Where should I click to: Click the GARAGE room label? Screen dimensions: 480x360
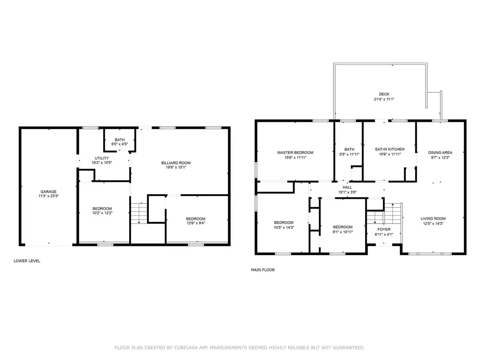[48, 192]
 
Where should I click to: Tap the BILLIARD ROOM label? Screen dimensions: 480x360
[176, 163]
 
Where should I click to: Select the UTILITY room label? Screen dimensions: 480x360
[102, 158]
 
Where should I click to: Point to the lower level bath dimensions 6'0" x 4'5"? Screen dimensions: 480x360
[120, 144]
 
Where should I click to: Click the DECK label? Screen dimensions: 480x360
[384, 94]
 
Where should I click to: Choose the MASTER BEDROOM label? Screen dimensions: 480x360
[295, 152]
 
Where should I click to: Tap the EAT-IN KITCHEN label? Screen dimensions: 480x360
[390, 149]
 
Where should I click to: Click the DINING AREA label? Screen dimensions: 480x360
[440, 152]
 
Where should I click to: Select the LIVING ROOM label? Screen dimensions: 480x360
[433, 218]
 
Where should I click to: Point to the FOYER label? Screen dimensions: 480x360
[384, 229]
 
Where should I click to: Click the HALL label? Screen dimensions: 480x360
[347, 187]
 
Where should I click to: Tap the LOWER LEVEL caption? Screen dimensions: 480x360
[27, 261]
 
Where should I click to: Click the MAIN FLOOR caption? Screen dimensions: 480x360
[263, 270]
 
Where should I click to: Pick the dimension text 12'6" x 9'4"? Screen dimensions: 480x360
[196, 223]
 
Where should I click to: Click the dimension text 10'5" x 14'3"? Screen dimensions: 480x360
[284, 228]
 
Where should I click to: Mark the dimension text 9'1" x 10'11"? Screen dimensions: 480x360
[343, 232]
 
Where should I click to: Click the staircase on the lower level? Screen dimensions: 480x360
[139, 213]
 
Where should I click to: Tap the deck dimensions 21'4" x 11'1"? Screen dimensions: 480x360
[384, 99]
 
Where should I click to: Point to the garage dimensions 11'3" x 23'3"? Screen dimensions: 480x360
[48, 196]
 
